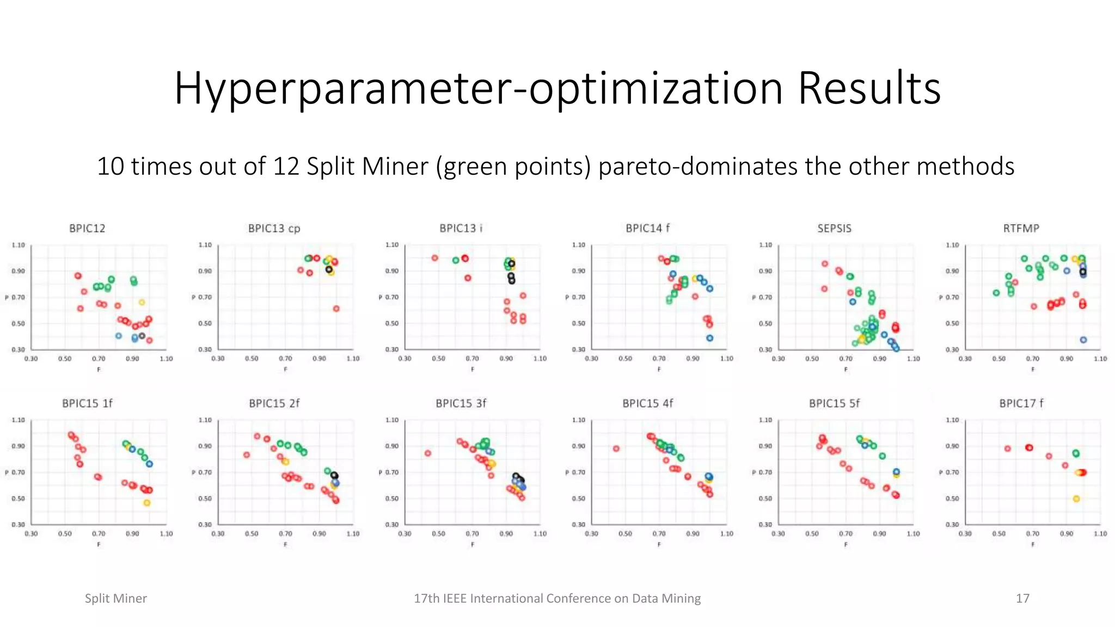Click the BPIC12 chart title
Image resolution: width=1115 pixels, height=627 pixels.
coord(87,229)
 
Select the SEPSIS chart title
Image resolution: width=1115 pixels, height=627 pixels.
coord(834,229)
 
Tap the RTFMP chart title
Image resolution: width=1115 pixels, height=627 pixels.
coord(1021,229)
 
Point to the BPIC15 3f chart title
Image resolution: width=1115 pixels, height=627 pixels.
coord(461,403)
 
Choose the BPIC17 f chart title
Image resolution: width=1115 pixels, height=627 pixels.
coord(1021,403)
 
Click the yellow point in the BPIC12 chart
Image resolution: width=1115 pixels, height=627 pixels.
coord(142,302)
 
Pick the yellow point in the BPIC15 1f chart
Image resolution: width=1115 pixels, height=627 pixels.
coord(147,503)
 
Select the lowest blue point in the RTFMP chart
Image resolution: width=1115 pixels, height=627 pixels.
coord(1083,340)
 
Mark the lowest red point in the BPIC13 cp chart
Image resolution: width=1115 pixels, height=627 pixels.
coord(336,309)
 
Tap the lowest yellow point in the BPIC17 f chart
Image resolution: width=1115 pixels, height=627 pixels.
coord(1076,499)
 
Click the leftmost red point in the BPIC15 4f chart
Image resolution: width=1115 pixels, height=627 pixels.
coord(616,449)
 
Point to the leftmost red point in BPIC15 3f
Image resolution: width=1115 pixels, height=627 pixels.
coord(428,453)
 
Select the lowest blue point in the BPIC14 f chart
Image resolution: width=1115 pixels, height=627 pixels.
coord(710,338)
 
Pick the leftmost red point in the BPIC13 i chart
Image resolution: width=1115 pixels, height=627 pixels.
coord(435,258)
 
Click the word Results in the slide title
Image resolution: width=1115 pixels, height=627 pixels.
coord(869,88)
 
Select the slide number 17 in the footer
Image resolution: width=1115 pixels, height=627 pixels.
coord(1022,599)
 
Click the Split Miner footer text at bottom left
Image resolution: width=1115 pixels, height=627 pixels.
coord(116,599)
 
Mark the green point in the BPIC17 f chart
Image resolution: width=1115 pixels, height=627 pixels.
coord(1076,453)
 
